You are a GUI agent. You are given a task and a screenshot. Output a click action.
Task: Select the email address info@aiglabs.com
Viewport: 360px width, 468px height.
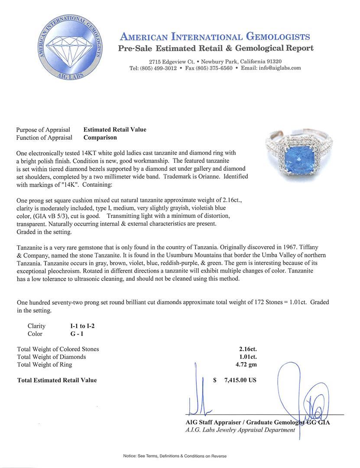point(277,68)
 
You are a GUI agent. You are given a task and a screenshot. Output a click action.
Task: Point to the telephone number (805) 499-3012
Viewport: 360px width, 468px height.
point(157,68)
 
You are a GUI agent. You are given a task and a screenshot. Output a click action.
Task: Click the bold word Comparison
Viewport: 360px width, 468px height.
point(100,137)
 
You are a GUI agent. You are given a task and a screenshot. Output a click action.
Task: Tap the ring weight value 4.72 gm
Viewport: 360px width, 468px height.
point(244,364)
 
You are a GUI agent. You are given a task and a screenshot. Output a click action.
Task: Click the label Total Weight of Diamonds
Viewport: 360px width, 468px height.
point(51,357)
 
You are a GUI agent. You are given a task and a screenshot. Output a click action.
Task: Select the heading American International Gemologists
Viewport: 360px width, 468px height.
point(214,36)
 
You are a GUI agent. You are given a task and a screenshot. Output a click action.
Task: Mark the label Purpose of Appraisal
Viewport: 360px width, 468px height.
point(43,130)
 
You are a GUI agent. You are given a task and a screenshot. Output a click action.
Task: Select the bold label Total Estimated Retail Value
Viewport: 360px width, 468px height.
point(57,380)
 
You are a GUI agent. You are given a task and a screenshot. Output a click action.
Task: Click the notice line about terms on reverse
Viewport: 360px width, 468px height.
point(175,456)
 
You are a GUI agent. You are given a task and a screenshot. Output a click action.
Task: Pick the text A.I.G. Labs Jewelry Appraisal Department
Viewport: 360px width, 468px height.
point(240,430)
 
